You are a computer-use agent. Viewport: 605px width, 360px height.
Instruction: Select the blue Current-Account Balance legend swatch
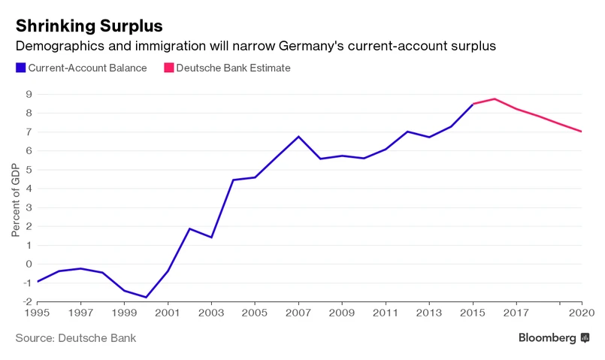(20, 68)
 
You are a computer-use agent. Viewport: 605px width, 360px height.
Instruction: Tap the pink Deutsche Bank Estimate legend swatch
(168, 68)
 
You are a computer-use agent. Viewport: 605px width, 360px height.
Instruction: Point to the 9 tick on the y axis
(28, 95)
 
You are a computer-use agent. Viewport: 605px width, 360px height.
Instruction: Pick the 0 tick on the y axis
(28, 264)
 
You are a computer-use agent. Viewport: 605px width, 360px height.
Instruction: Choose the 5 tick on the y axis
(28, 170)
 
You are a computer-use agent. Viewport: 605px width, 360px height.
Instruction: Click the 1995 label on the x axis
(38, 312)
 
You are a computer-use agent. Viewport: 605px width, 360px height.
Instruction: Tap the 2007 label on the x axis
(298, 312)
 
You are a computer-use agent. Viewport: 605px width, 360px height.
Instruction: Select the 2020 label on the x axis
(580, 312)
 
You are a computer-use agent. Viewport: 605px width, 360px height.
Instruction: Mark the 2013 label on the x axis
(429, 312)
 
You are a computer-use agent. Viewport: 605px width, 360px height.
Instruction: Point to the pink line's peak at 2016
(495, 98)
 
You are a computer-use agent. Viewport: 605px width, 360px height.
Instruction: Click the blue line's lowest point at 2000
(147, 297)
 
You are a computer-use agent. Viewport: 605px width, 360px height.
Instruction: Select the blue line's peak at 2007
(298, 137)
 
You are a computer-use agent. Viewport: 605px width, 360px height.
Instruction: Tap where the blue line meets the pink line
(473, 104)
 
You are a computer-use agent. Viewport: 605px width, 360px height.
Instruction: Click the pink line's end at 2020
(582, 132)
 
